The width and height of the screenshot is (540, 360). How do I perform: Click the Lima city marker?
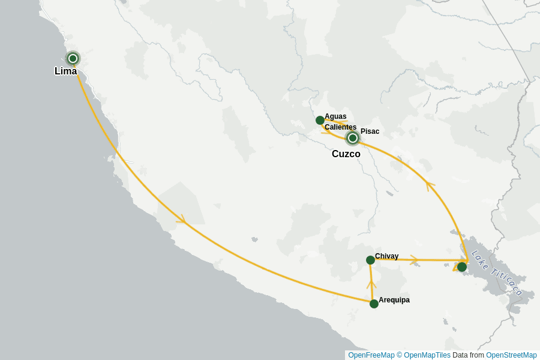click(x=73, y=58)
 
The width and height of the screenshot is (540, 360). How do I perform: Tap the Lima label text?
click(x=65, y=71)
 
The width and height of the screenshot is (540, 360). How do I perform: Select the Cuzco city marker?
click(x=353, y=138)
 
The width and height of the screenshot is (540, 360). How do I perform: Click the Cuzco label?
click(x=346, y=154)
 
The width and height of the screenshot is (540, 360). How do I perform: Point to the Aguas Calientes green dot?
click(x=320, y=120)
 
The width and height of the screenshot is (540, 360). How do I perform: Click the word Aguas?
click(x=335, y=116)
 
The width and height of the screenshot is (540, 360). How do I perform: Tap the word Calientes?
click(x=340, y=127)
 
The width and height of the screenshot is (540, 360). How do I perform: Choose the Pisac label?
click(x=370, y=131)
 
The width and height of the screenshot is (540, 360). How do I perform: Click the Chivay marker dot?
click(x=370, y=260)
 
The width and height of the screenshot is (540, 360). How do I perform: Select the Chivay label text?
click(x=386, y=256)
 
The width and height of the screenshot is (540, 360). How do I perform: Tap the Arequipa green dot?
click(x=374, y=304)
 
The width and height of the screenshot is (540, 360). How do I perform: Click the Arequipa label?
click(x=394, y=300)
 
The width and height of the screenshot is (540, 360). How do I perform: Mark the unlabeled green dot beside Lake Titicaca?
click(x=461, y=267)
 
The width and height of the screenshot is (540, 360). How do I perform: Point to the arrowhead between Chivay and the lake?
click(x=414, y=260)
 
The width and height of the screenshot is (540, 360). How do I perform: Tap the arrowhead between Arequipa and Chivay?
click(x=371, y=283)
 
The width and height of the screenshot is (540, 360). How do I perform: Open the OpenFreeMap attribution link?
click(x=371, y=355)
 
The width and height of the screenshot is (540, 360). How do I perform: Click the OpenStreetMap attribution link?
click(x=511, y=355)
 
